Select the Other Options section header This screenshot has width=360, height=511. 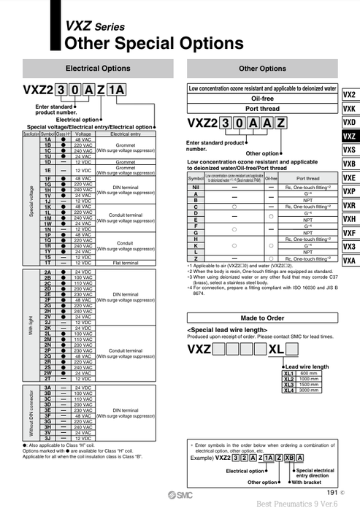tap(262, 69)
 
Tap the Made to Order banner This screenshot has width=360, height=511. tap(262, 318)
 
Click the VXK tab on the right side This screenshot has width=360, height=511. tap(349, 109)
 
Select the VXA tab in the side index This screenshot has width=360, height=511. tap(349, 261)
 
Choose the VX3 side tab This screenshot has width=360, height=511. tap(349, 247)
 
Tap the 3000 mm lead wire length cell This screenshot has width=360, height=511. tap(309, 391)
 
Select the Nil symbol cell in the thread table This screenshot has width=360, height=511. tap(195, 188)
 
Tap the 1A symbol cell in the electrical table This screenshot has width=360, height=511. tap(47, 139)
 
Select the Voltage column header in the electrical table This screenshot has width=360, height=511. tap(83, 134)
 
